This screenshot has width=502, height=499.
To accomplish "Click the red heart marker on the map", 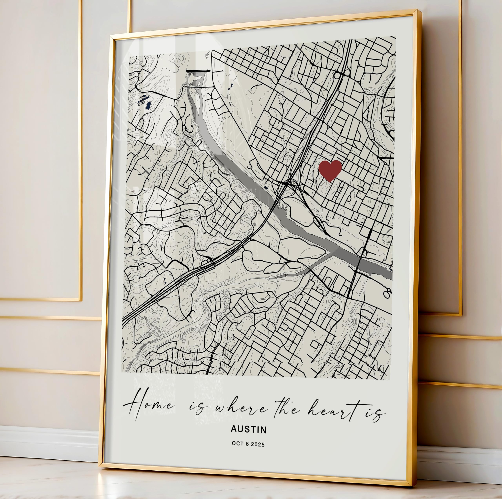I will click(x=330, y=170).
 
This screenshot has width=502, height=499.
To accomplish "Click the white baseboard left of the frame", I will click(x=47, y=442).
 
